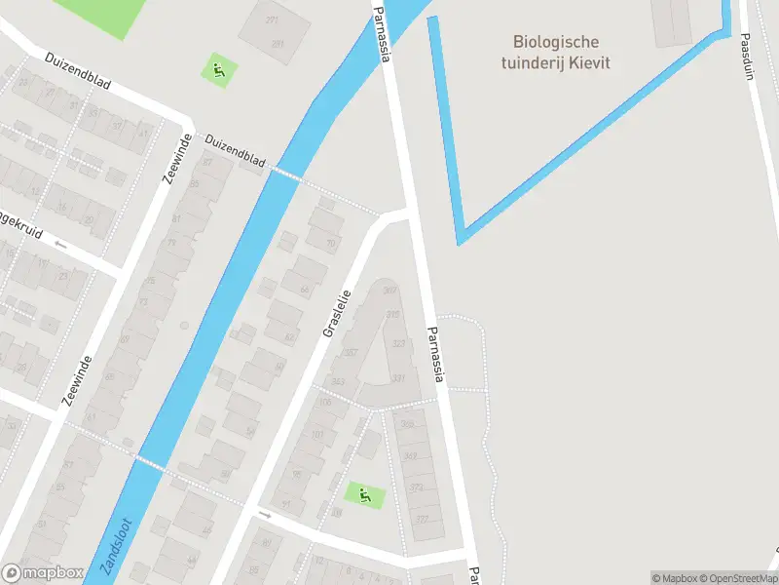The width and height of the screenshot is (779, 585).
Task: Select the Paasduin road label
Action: coord(747,58)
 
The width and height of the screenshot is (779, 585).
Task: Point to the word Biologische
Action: coord(556,42)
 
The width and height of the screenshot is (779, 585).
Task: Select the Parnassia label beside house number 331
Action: coord(433,354)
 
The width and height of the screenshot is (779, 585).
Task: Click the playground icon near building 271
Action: coord(219,69)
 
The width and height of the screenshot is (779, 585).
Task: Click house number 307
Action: coord(390,291)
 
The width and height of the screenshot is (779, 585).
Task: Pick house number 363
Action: coord(339,381)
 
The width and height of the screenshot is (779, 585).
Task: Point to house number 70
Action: coord(331,243)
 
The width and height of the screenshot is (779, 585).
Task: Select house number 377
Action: coord(423,519)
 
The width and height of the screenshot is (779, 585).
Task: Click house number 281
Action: coord(278,44)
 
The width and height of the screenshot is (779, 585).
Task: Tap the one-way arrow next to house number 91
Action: coord(264,512)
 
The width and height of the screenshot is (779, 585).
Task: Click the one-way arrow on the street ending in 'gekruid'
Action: coord(61,244)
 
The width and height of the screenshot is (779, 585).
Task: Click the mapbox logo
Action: coord(42,573)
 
